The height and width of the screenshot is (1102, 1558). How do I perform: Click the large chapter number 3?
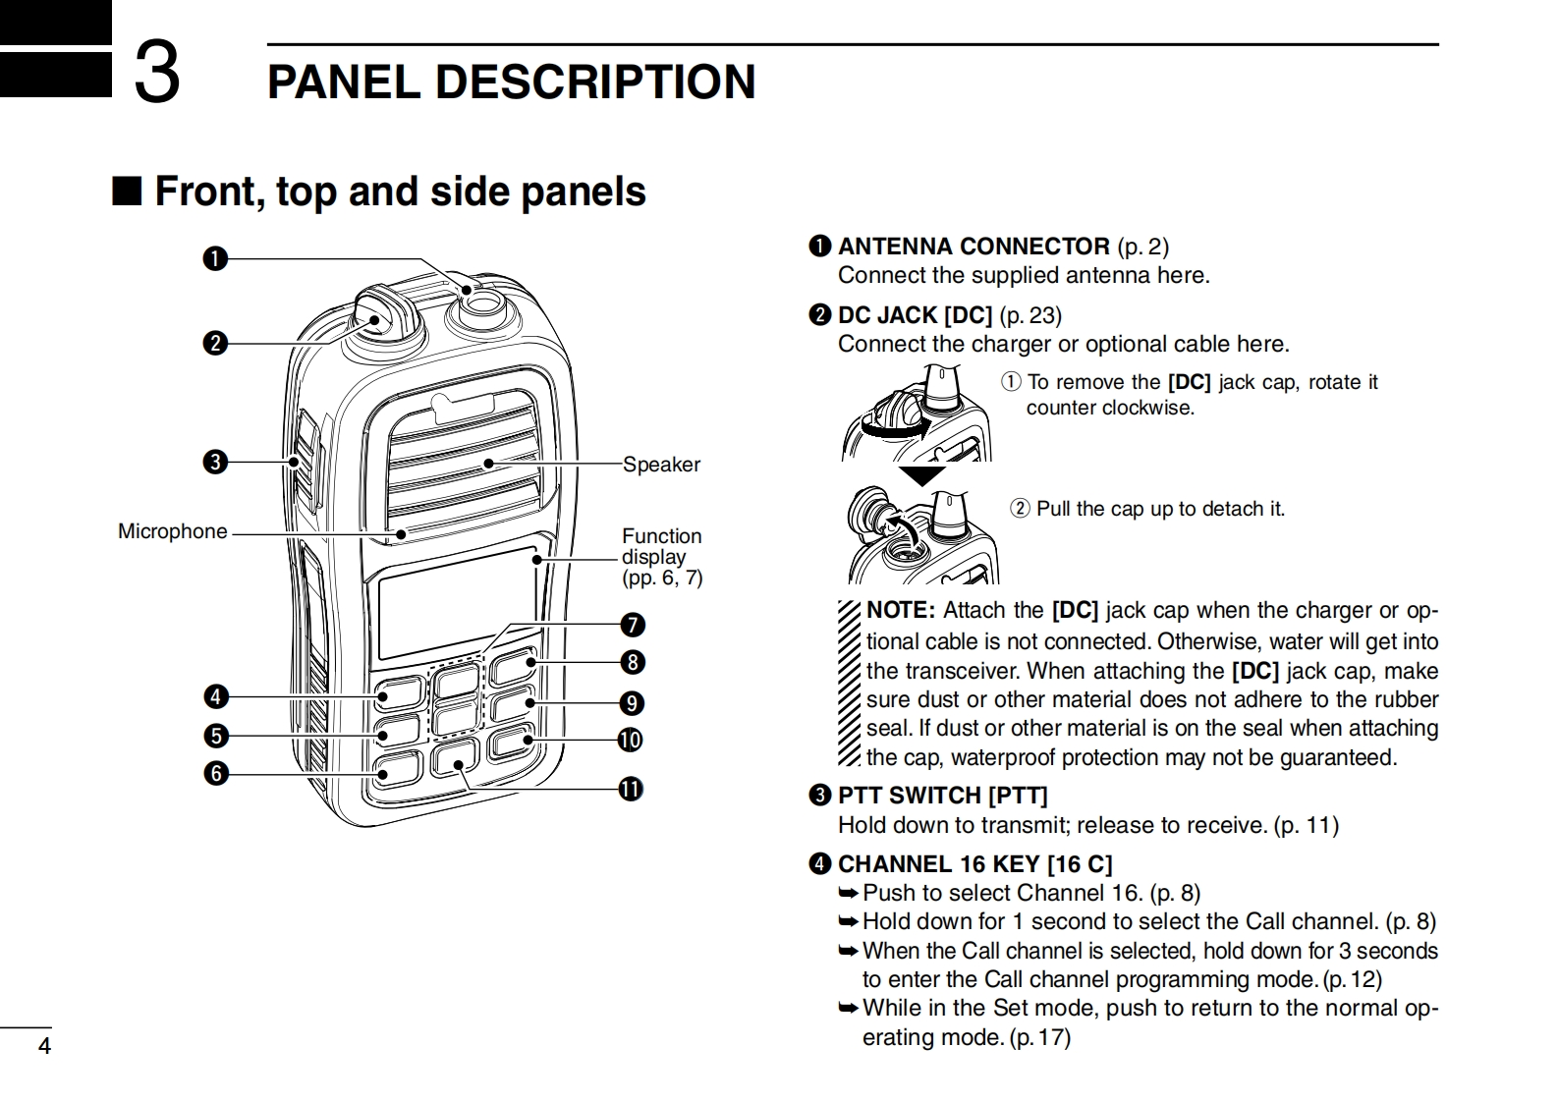click(x=157, y=73)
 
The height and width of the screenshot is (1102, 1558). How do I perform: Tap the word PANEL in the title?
click(x=344, y=83)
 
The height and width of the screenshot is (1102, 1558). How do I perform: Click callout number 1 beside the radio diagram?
click(x=215, y=258)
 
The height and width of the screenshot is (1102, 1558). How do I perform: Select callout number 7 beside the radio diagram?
click(x=633, y=625)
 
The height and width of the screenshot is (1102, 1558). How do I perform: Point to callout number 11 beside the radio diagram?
click(x=631, y=789)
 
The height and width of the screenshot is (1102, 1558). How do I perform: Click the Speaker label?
click(x=661, y=464)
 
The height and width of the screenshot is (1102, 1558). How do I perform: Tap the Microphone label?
click(x=173, y=531)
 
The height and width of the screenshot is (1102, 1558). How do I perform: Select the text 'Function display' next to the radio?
click(x=661, y=546)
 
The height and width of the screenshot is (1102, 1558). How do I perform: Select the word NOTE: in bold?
click(x=902, y=610)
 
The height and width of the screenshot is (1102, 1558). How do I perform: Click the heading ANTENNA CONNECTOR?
click(x=974, y=247)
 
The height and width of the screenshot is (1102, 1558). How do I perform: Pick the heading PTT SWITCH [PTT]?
click(x=942, y=796)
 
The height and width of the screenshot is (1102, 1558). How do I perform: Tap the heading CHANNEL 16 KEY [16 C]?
click(x=975, y=864)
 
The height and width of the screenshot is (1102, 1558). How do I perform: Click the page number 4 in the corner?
click(x=44, y=1045)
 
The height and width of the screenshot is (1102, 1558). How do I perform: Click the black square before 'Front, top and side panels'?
click(x=127, y=191)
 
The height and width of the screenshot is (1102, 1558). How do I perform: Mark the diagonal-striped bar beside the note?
click(x=850, y=683)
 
